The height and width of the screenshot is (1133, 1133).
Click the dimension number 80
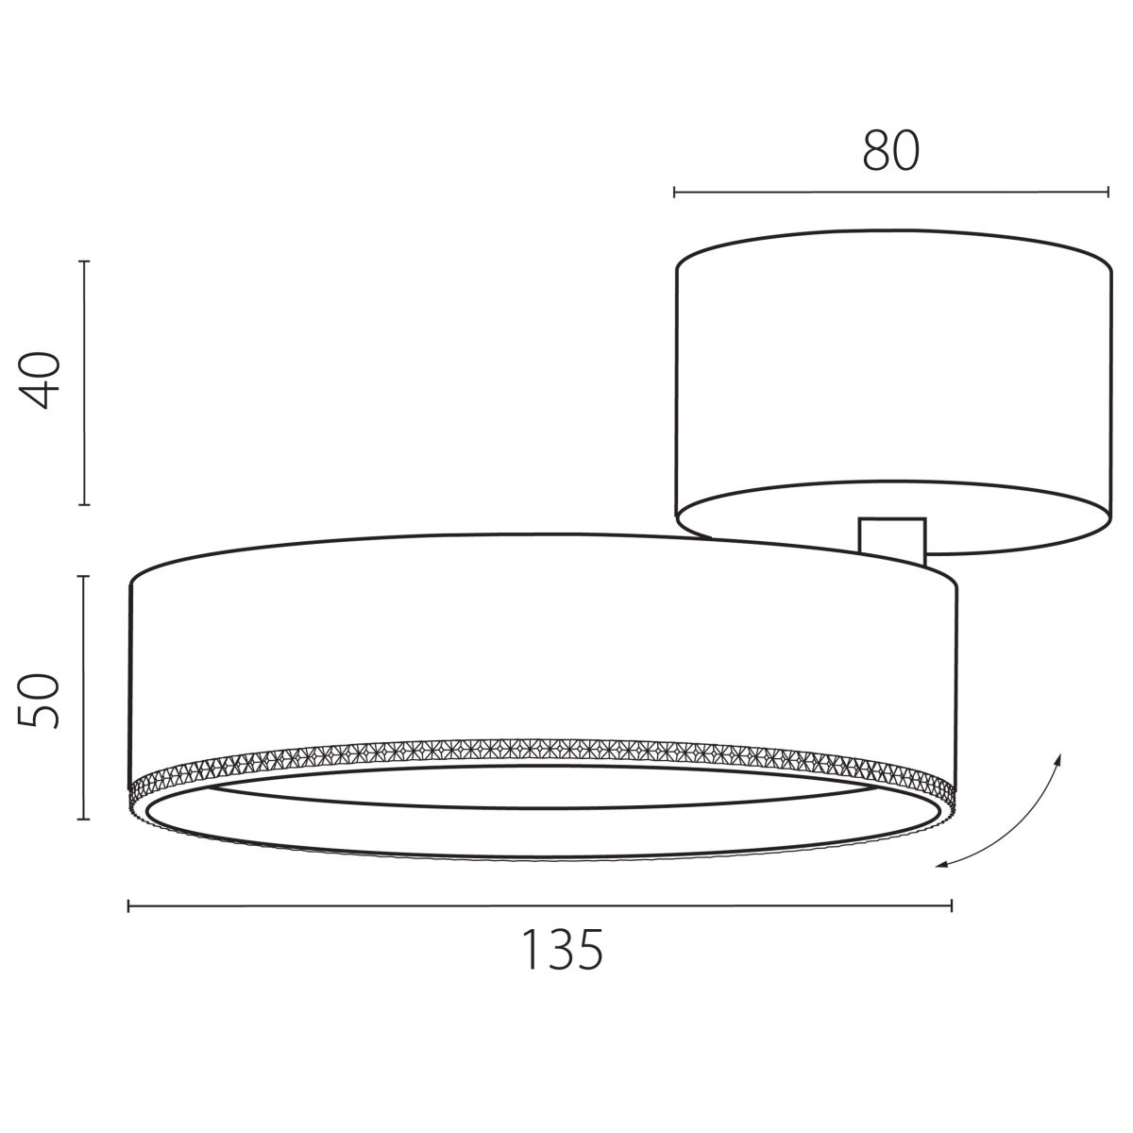pyautogui.click(x=890, y=151)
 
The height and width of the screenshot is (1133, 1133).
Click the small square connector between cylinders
pyautogui.click(x=892, y=537)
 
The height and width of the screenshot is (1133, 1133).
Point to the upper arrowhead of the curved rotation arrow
pyautogui.click(x=1058, y=757)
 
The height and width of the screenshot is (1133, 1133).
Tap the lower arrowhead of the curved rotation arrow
pyautogui.click(x=939, y=864)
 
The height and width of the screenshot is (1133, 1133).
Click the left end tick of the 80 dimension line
pyautogui.click(x=674, y=193)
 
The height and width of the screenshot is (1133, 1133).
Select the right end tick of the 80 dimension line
pyautogui.click(x=1108, y=193)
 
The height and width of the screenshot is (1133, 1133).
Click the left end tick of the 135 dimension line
pyautogui.click(x=128, y=906)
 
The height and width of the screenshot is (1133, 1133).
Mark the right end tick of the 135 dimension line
pyautogui.click(x=952, y=906)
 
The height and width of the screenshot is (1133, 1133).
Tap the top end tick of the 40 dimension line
pyautogui.click(x=84, y=261)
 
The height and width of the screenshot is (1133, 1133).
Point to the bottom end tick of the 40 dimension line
pyautogui.click(x=84, y=504)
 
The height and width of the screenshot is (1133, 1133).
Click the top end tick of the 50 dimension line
pyautogui.click(x=84, y=576)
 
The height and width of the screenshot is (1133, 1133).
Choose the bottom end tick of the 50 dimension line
pyautogui.click(x=84, y=820)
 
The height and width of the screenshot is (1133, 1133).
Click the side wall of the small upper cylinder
pyautogui.click(x=892, y=378)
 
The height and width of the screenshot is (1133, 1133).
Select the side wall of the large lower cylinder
pyautogui.click(x=543, y=651)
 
